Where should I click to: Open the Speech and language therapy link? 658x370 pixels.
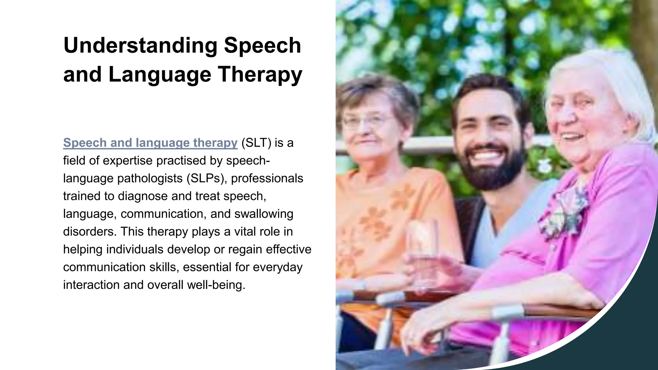(x=150, y=143)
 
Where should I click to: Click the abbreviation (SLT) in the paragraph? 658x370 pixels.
(x=256, y=143)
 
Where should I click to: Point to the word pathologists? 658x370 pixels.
(x=150, y=178)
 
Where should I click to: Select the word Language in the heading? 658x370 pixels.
(x=160, y=75)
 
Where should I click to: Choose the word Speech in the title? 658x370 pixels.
(x=262, y=45)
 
